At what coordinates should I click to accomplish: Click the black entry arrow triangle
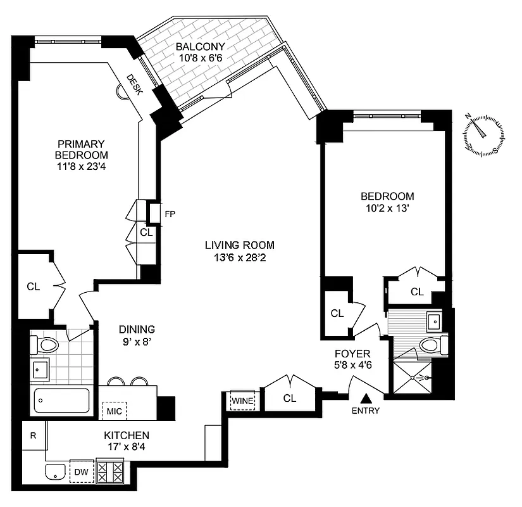[366, 399]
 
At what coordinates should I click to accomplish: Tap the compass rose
[484, 134]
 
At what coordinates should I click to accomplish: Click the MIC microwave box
[115, 411]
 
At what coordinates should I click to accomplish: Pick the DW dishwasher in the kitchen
[81, 472]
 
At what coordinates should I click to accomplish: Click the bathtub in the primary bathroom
[61, 401]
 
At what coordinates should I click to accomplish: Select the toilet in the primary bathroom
[44, 345]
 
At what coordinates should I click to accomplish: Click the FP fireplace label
[170, 214]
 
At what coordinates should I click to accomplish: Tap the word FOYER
[352, 354]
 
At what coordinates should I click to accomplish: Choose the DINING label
[137, 329]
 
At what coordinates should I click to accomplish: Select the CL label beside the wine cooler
[290, 398]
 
